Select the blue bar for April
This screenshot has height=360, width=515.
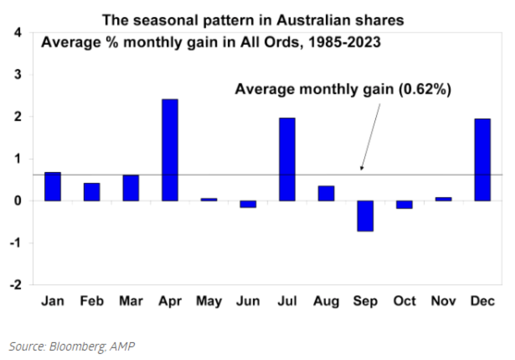tap(170, 150)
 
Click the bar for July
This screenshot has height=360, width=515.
tap(287, 159)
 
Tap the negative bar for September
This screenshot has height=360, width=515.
tap(365, 216)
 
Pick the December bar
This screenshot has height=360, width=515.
tap(482, 159)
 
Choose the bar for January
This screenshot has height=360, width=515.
tap(53, 186)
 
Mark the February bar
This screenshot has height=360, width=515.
tap(92, 192)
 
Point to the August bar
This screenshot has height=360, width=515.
tap(326, 193)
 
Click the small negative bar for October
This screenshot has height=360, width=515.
tap(404, 204)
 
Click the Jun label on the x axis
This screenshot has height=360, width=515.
tap(248, 302)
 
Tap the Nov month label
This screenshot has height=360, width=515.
tap(443, 302)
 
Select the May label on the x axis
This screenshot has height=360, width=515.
tap(209, 302)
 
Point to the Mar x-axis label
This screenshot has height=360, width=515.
tap(131, 302)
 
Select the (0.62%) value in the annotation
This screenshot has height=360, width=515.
tap(424, 89)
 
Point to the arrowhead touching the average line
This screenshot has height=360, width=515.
tap(362, 169)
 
